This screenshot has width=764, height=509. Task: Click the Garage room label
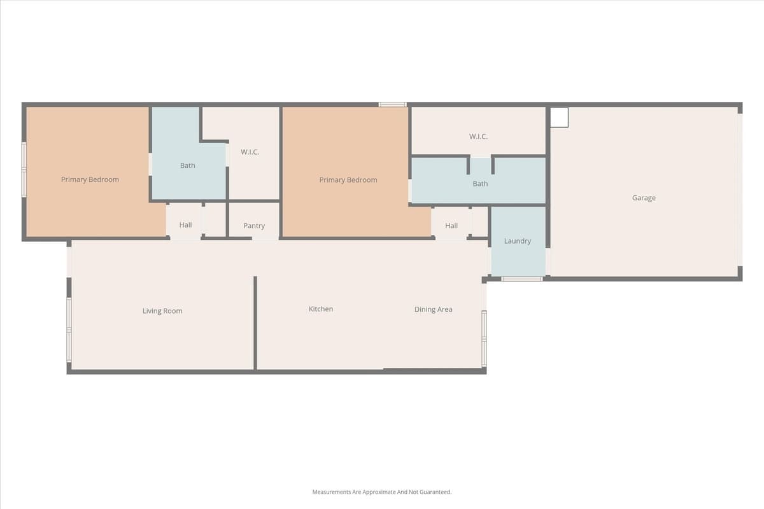click(643, 198)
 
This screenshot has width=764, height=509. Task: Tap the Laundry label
click(517, 241)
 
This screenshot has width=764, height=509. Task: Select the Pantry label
click(253, 226)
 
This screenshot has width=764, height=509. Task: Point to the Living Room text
click(162, 311)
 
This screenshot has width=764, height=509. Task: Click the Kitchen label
click(321, 309)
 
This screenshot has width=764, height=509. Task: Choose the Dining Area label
click(433, 310)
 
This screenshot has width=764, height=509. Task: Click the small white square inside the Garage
click(559, 118)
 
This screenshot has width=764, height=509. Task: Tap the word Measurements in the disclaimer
click(330, 492)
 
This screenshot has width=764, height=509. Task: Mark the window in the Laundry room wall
click(521, 279)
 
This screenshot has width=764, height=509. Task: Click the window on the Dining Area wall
click(484, 338)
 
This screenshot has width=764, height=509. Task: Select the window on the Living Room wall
click(69, 330)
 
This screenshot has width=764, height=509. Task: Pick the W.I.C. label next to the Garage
click(478, 137)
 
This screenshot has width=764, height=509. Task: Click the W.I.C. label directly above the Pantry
click(250, 152)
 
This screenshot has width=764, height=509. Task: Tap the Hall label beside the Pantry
click(185, 225)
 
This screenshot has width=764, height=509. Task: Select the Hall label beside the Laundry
click(451, 226)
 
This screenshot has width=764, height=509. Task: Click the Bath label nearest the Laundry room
click(480, 184)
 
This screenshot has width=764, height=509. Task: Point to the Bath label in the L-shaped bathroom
click(187, 165)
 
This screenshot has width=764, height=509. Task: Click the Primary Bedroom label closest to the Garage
click(348, 180)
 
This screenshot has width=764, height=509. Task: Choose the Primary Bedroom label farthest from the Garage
click(90, 179)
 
